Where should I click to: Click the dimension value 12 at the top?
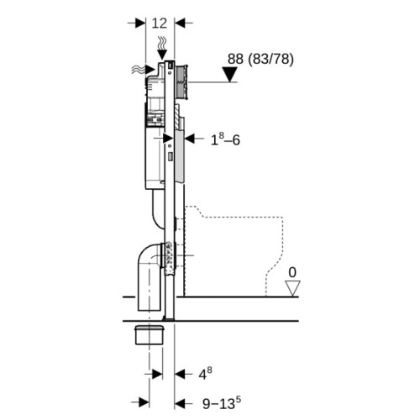[x=160, y=23]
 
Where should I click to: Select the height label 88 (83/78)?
[x=260, y=59]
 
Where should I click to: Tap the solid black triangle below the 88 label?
[x=229, y=75]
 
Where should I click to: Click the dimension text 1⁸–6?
[x=225, y=139]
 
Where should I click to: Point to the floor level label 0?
[x=292, y=272]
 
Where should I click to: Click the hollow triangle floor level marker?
[x=292, y=288]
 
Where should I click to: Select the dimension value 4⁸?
[x=205, y=374]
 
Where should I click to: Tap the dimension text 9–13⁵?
[x=222, y=403]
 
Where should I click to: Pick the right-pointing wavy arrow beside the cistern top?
[x=144, y=70]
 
